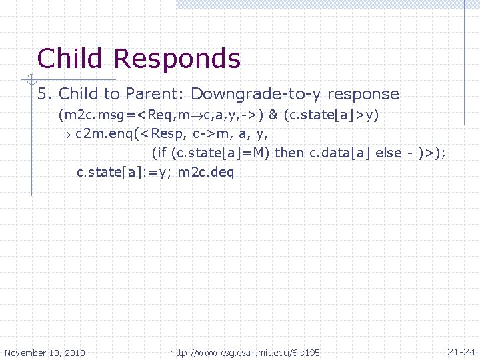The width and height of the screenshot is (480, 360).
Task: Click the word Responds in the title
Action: [177, 60]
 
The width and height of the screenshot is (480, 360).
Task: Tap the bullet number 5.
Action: [45, 94]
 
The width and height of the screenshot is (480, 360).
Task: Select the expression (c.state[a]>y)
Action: [332, 115]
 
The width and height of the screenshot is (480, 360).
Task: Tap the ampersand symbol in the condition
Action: [273, 115]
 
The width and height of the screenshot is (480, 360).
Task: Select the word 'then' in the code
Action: [289, 153]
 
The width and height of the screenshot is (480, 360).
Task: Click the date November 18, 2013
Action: [45, 352]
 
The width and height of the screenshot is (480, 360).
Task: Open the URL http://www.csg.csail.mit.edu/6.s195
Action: [245, 351]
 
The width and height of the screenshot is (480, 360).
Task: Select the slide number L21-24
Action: [459, 351]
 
